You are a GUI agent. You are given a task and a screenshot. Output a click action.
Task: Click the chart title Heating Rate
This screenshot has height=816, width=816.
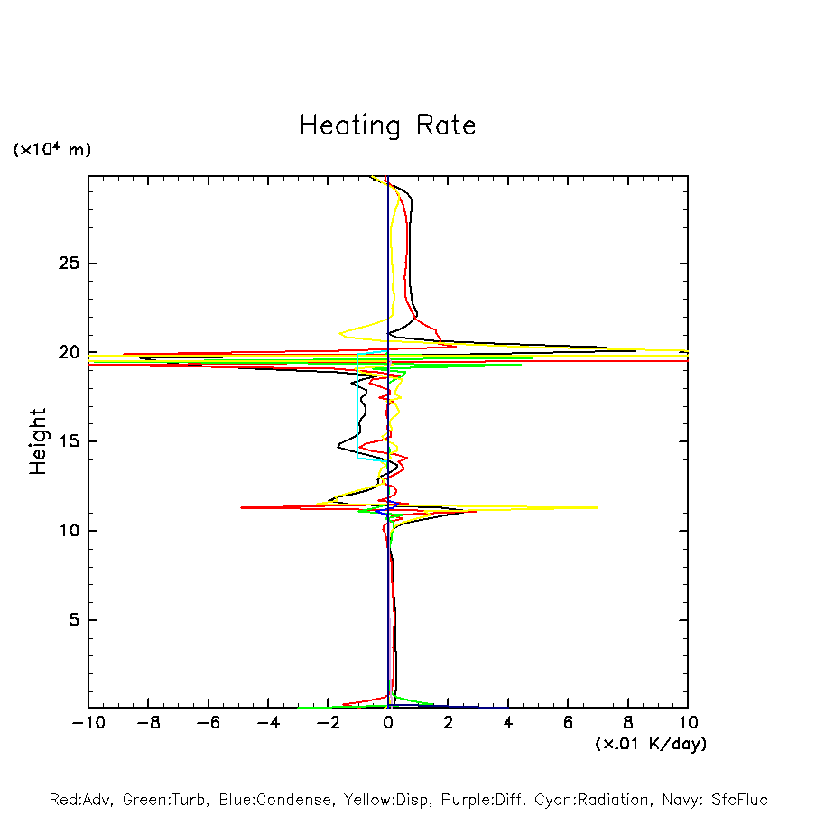(387, 125)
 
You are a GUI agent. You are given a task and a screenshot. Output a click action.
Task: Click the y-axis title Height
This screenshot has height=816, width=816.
(38, 441)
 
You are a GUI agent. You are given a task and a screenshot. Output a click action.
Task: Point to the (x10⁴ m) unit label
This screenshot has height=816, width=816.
(51, 150)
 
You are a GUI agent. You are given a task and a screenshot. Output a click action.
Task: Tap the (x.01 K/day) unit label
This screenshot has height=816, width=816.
(651, 744)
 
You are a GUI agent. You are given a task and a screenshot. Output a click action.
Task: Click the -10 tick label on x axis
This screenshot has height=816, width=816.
(88, 723)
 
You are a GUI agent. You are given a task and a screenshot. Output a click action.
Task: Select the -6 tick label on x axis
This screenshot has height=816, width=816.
(208, 723)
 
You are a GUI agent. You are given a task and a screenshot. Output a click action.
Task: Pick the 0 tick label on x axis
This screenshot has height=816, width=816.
(388, 723)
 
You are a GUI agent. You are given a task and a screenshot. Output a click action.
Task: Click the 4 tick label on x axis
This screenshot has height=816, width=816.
(508, 723)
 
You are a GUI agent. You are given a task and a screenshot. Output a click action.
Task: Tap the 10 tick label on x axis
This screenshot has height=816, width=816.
(687, 723)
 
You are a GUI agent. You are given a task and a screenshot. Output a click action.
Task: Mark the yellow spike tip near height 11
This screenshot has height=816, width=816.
(597, 508)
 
